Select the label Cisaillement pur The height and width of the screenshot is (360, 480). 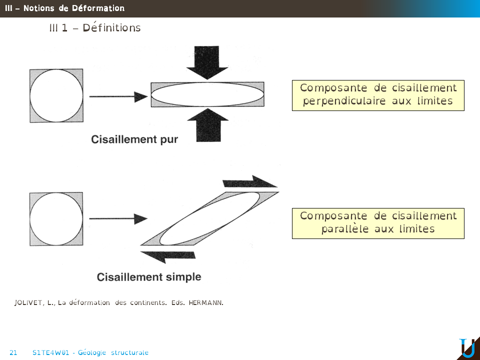pos(134,139)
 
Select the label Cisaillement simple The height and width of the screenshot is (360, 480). pos(149,276)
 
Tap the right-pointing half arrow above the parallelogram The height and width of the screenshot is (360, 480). pos(250,181)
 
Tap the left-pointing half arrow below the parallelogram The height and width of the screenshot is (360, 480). pos(167,256)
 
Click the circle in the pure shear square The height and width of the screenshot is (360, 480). pos(56,95)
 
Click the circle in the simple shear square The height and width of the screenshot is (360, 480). pos(56,218)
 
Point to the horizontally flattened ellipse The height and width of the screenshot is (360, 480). pos(207,94)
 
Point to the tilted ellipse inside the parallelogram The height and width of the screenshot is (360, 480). pos(209,218)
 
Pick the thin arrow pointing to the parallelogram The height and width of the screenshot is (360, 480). pos(118,218)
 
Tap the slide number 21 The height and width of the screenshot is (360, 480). pos(13,352)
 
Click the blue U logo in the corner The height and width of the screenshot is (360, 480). pos(467,348)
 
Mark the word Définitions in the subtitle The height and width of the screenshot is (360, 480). pos(111,28)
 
